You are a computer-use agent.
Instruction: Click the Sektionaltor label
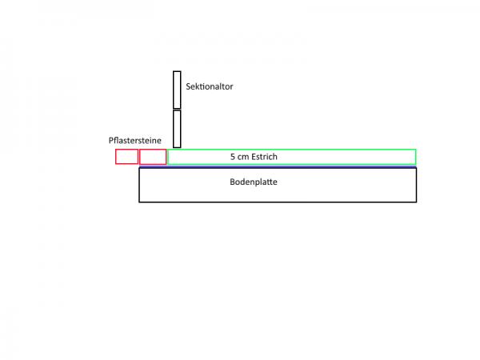coord(209,86)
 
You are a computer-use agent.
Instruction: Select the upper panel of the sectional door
coord(177,90)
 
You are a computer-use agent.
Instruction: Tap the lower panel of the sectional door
coord(177,129)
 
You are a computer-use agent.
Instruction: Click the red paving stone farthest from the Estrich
coord(126,157)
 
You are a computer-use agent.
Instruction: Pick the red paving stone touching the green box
coord(153,157)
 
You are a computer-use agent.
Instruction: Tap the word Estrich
coord(265,157)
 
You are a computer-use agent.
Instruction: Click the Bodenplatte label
coord(254,182)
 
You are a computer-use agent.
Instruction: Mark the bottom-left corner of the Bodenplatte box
coord(139,202)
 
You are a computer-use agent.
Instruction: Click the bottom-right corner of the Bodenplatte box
coord(416,202)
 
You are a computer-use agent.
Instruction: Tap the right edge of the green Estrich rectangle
coord(415,157)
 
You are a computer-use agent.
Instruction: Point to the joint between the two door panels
coord(177,110)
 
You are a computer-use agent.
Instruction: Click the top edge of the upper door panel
coord(177,71)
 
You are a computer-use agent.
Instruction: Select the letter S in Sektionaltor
coord(188,86)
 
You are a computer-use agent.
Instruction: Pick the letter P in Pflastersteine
coord(111,141)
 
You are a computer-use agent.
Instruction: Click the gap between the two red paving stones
coord(139,157)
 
